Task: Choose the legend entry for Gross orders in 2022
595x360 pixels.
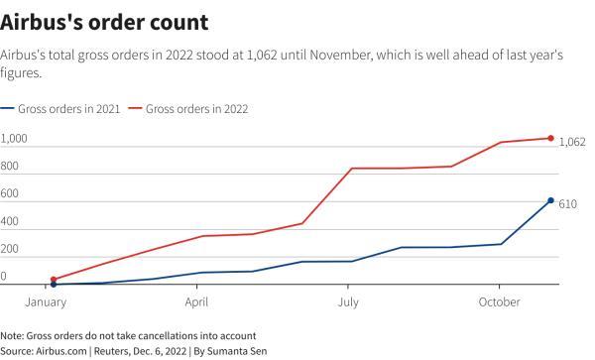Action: pos(195,108)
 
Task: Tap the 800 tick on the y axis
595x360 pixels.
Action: pos(11,166)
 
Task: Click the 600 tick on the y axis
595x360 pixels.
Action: pos(11,193)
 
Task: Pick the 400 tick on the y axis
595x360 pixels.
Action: pos(11,221)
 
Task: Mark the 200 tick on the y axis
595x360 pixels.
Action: pos(11,249)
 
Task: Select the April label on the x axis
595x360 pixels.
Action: pos(196,300)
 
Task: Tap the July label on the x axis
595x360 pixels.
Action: pos(348,300)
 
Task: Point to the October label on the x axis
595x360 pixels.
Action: pos(500,300)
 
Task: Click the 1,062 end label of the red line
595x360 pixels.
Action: pos(572,142)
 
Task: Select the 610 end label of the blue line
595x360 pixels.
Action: pos(568,203)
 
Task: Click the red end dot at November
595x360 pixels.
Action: pos(551,138)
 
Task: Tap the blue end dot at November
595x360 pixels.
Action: pos(551,200)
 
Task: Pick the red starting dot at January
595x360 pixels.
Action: pos(54,280)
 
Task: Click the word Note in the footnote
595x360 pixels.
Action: pos(13,335)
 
